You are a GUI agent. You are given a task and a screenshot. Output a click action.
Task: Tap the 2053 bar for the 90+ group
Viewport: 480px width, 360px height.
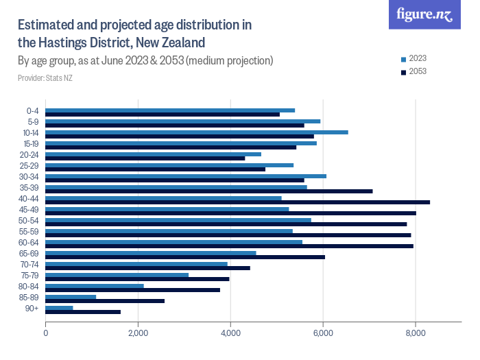coord(82,312)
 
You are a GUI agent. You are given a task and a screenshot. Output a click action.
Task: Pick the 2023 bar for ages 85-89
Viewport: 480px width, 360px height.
coord(70,297)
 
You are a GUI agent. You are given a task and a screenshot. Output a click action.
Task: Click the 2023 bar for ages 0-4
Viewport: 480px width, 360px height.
coord(169,110)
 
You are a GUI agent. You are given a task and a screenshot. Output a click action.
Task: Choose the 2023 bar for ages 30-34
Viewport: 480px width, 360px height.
coord(185,176)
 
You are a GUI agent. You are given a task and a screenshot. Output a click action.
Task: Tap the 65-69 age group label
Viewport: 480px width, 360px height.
coord(30,254)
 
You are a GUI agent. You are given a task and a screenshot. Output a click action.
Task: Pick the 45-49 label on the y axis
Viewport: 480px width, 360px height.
coord(30,210)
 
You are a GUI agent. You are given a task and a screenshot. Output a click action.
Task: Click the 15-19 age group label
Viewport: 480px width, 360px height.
coord(30,144)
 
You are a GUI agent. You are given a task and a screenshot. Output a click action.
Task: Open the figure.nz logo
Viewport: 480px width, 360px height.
coord(424,14)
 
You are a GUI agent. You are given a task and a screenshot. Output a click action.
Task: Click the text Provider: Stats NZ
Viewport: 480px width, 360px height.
coord(45,78)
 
